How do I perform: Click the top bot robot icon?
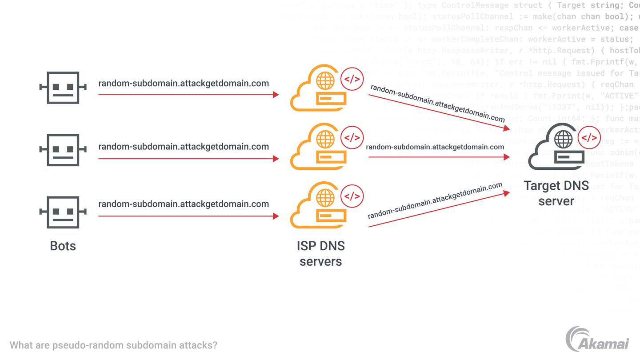tap(63, 88)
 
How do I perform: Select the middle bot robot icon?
tap(63, 150)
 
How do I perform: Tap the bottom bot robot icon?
tap(63, 212)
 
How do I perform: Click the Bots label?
tap(63, 246)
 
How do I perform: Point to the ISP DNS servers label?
tap(320, 253)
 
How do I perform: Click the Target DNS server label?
tap(556, 193)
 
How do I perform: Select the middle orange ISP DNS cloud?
tap(318, 149)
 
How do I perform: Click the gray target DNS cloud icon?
tap(556, 149)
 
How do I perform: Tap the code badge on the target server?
tap(589, 138)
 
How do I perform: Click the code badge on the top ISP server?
tap(352, 80)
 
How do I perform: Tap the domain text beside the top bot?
tap(184, 83)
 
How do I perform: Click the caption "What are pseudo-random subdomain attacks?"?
tap(113, 345)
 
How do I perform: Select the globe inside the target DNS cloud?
tap(563, 140)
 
